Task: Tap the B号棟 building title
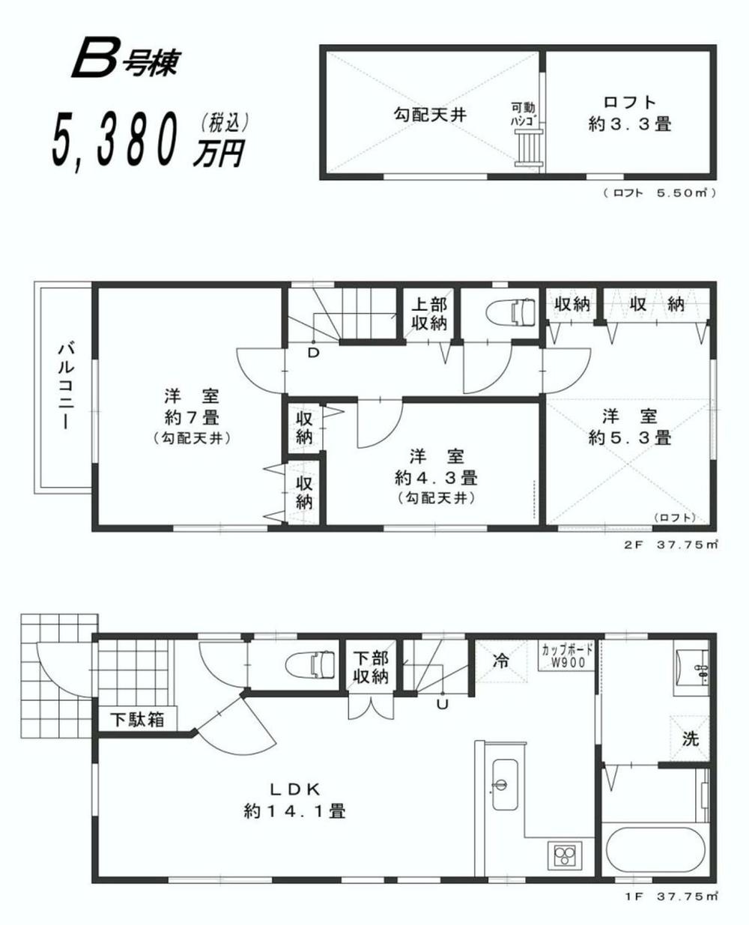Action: point(123,64)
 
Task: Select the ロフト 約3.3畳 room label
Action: point(629,113)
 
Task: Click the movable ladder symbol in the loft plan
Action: point(527,146)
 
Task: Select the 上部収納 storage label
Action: point(429,314)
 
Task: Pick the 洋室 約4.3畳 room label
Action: point(436,467)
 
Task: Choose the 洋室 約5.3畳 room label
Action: point(628,426)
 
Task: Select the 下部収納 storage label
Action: point(371,667)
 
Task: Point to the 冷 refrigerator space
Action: point(500,661)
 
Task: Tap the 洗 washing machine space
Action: point(689,738)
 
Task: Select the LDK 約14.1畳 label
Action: point(294,799)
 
